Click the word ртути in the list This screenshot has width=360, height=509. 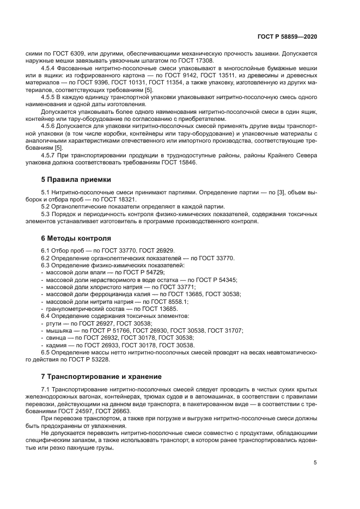54,323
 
